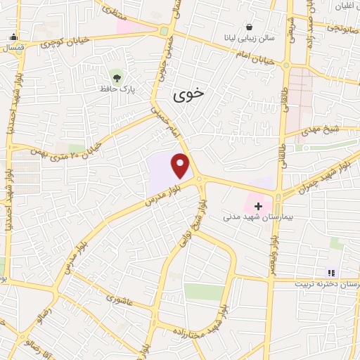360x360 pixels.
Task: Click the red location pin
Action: point(181,165)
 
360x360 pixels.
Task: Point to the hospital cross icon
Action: point(258,206)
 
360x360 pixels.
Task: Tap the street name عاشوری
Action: point(120,300)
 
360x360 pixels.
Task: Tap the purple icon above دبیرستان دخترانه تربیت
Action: point(331,273)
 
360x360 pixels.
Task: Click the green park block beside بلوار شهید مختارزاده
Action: point(204,292)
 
